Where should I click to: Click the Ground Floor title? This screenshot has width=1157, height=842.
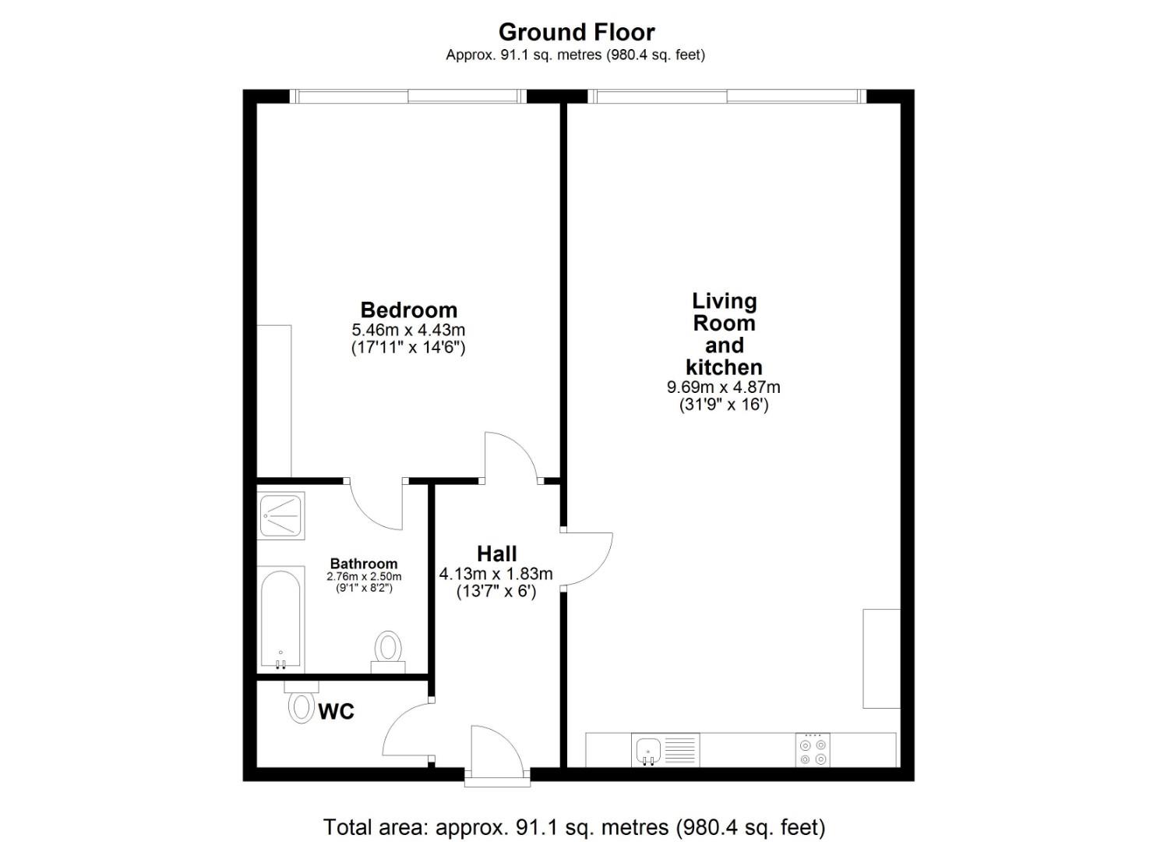point(577,32)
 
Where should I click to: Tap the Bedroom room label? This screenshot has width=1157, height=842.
point(408,310)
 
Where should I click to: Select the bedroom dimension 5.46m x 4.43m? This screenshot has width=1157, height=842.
point(408,330)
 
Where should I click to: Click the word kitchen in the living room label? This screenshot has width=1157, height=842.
point(724,367)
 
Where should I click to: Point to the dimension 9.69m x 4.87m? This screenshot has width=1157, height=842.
point(723,387)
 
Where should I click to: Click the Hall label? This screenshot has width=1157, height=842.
point(496,554)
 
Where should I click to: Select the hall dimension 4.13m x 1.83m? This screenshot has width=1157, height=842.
point(496,574)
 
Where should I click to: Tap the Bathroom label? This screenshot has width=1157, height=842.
point(364,563)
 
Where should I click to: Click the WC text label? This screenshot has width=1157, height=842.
point(336,711)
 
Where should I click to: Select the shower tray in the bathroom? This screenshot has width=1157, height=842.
point(281,515)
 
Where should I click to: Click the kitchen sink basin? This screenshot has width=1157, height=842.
point(648,750)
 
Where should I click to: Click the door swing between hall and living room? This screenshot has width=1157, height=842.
point(586,558)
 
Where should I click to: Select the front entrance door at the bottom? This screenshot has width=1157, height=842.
point(496,752)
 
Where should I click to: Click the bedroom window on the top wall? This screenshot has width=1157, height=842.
point(408,97)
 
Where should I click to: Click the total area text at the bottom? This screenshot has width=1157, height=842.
point(573,826)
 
